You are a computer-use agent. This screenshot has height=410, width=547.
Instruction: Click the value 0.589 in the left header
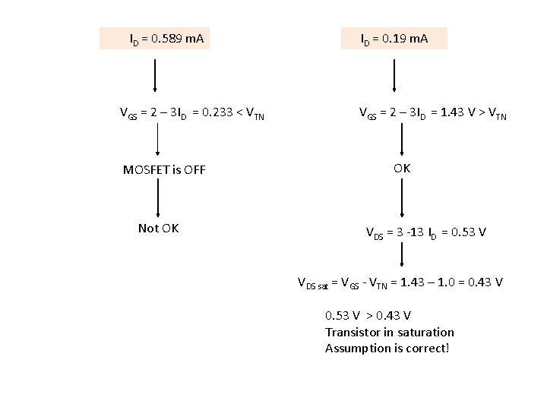coord(166,37)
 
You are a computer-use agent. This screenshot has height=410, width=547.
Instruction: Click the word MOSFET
coord(149,169)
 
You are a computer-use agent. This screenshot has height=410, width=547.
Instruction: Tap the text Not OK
coord(158,228)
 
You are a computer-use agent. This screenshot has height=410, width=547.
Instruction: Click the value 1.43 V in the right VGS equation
coord(460,114)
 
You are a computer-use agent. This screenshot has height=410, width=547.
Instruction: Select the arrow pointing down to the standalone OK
coord(401,140)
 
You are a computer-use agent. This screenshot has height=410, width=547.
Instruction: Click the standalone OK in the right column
coord(402,168)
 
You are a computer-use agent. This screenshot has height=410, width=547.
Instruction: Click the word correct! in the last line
coord(426,348)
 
